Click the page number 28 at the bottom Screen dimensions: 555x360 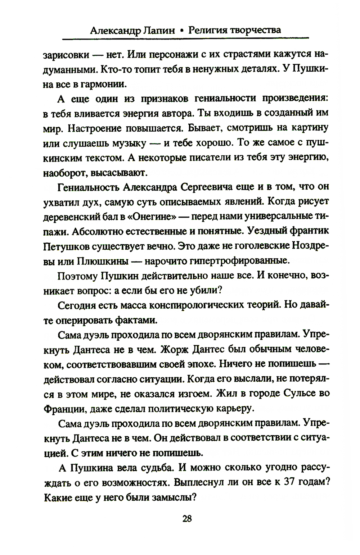click(x=187, y=518)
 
